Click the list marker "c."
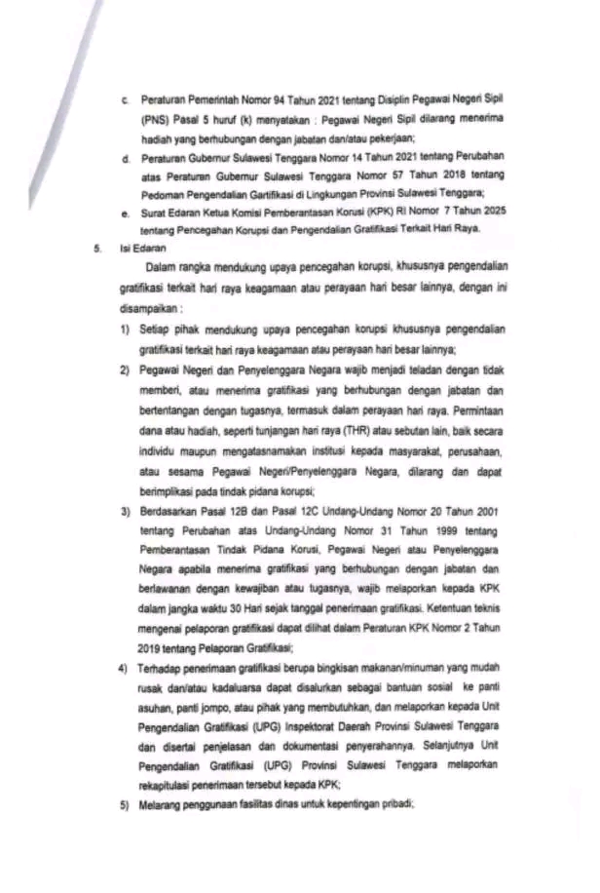click(x=125, y=101)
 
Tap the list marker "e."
click(x=125, y=214)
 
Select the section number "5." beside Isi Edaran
click(x=98, y=249)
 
